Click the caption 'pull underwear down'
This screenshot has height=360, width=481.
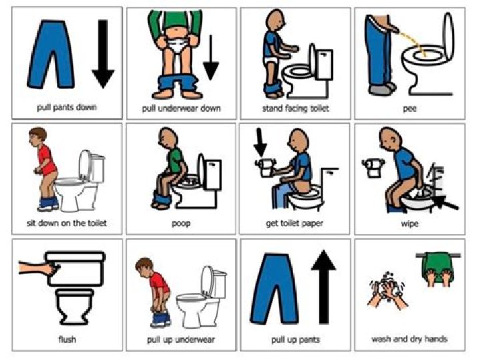180,108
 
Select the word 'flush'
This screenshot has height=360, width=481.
67,339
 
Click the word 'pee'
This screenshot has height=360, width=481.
410,106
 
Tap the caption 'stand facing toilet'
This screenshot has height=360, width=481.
295,107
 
